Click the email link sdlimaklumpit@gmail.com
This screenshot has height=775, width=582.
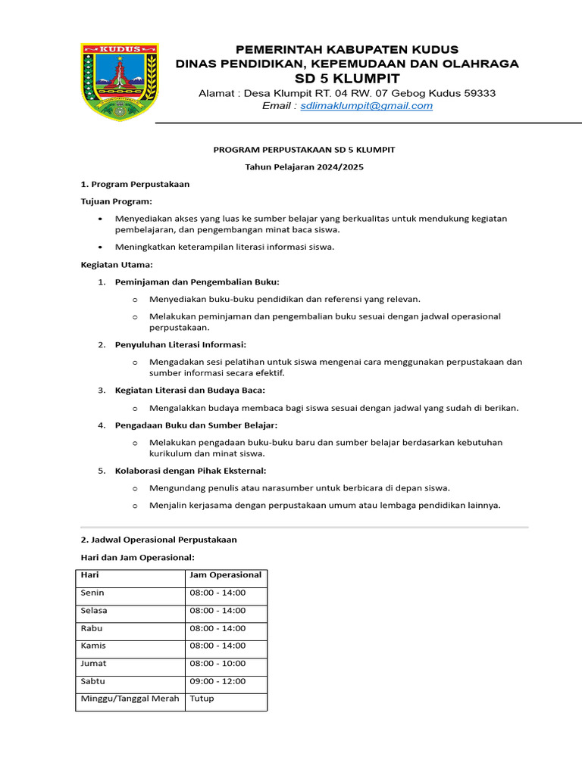pyautogui.click(x=366, y=106)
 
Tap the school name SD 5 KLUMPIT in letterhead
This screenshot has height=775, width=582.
pyautogui.click(x=347, y=79)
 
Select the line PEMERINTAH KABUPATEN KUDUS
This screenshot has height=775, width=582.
pyautogui.click(x=347, y=49)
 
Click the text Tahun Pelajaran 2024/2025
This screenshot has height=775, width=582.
pyautogui.click(x=304, y=167)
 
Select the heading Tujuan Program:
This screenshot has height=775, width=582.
pyautogui.click(x=117, y=201)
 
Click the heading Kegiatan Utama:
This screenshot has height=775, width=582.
pyautogui.click(x=117, y=265)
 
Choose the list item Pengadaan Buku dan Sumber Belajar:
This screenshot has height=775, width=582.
pyautogui.click(x=196, y=425)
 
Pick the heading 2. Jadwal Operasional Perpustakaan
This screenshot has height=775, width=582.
pyautogui.click(x=159, y=540)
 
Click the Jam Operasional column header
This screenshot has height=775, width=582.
pyautogui.click(x=226, y=575)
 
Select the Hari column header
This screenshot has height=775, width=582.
pyautogui.click(x=89, y=575)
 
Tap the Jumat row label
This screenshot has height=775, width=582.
pyautogui.click(x=93, y=664)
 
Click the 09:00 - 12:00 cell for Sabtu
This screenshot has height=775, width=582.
pyautogui.click(x=217, y=681)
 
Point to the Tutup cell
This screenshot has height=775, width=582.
pyautogui.click(x=202, y=699)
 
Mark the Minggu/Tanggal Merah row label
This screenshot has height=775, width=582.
pyautogui.click(x=130, y=699)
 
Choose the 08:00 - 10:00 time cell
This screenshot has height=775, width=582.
pyautogui.click(x=217, y=664)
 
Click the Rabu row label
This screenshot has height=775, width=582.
pyautogui.click(x=92, y=628)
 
